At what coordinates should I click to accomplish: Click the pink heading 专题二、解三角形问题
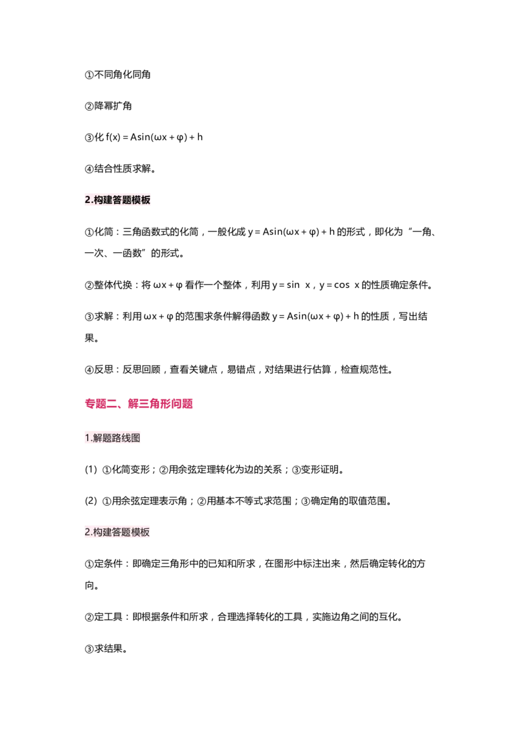[x=139, y=403]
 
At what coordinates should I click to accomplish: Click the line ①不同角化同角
[x=117, y=75]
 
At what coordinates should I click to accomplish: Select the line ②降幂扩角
[x=108, y=106]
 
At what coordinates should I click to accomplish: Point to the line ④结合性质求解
[x=120, y=169]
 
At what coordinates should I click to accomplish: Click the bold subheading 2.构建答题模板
[x=117, y=200]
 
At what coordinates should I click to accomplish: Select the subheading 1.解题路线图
[x=112, y=438]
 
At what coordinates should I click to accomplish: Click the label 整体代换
[x=113, y=285]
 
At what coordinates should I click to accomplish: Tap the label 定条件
[x=109, y=563]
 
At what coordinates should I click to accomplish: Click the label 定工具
[x=109, y=617]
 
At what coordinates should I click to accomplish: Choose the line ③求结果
[x=106, y=648]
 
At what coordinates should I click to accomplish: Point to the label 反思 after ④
[x=104, y=370]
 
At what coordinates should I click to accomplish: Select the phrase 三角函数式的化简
[x=161, y=231]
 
